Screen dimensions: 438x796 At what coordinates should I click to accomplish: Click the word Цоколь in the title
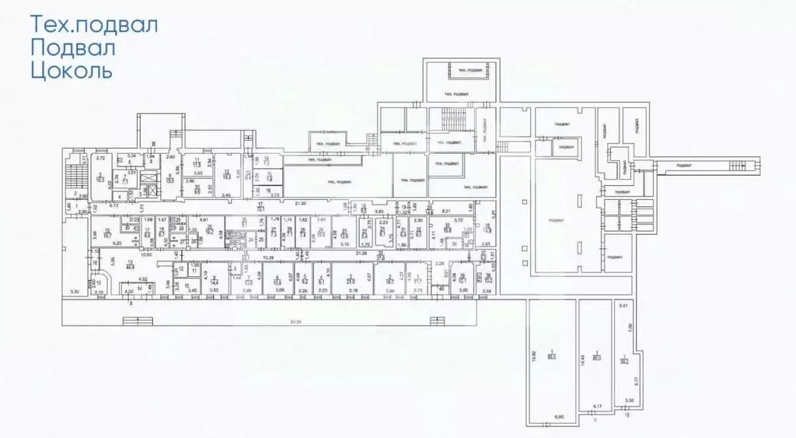pyautogui.click(x=71, y=72)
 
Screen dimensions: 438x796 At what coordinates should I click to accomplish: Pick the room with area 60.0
pyautogui.click(x=596, y=357)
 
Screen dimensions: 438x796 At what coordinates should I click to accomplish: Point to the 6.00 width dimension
pyautogui.click(x=558, y=416)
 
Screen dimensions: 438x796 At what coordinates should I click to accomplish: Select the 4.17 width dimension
pyautogui.click(x=597, y=405)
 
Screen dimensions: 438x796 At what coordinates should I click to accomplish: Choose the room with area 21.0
pyautogui.click(x=351, y=280)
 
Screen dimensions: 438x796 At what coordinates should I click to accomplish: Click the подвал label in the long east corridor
pyautogui.click(x=684, y=165)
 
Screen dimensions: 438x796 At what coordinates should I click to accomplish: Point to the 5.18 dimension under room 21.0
pyautogui.click(x=354, y=291)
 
